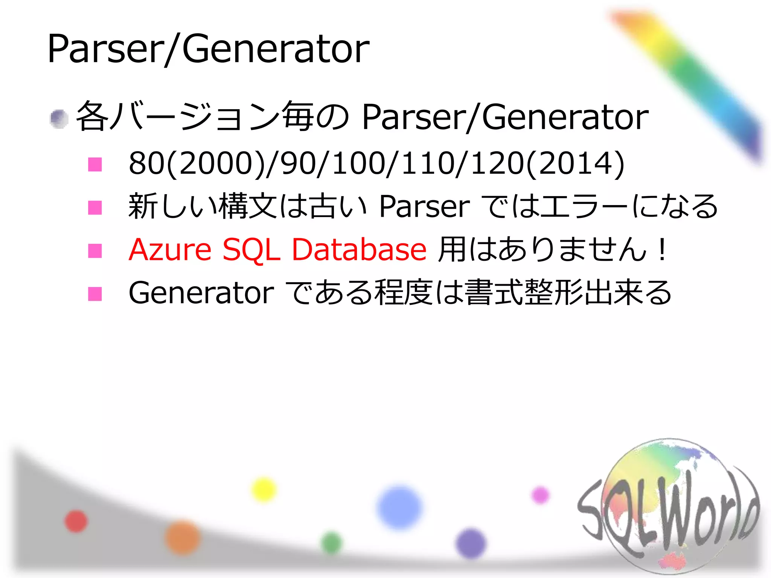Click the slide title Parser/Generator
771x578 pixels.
(x=208, y=49)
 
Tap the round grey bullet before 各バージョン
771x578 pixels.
(x=59, y=119)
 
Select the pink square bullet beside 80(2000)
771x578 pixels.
(x=95, y=164)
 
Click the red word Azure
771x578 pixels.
(x=170, y=249)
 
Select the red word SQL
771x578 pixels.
(x=251, y=249)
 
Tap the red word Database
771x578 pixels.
(x=359, y=249)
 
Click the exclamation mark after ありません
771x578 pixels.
(x=661, y=249)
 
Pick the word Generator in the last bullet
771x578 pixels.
(x=201, y=293)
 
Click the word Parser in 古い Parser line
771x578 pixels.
(x=425, y=207)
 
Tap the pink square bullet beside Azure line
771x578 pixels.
(x=95, y=251)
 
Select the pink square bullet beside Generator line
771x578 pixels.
(x=95, y=294)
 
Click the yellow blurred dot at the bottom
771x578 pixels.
(x=264, y=489)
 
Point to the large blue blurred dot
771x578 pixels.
(x=399, y=507)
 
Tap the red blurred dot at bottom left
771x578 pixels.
(x=76, y=521)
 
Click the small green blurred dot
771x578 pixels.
(x=332, y=543)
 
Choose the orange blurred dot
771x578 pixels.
(x=183, y=537)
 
